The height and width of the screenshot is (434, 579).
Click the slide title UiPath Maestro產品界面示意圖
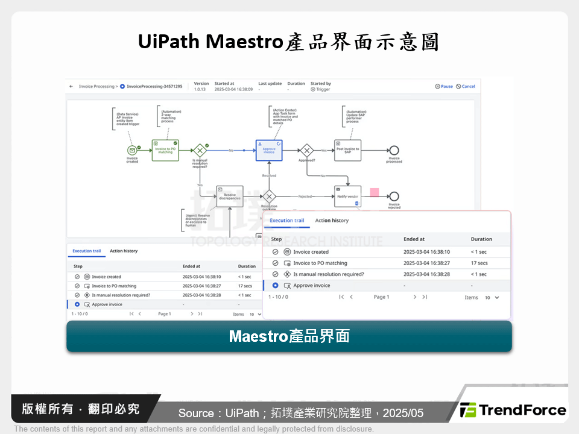coord(289,42)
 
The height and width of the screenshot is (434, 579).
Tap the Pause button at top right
coord(444,86)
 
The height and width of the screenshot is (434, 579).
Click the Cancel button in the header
coord(466,86)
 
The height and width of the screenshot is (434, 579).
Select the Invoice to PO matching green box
coord(165,150)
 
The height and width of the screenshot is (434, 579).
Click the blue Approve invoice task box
coord(269,150)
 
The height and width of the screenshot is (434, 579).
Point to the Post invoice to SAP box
coord(348,150)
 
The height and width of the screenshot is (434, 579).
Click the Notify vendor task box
coord(347,196)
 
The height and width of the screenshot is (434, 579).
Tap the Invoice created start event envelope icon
coord(132,150)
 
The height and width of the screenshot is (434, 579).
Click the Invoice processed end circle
coord(394,150)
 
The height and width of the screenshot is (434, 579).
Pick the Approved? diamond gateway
coord(307,150)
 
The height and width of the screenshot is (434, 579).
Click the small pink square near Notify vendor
coord(375,192)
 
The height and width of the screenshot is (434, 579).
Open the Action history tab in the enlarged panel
coord(332,221)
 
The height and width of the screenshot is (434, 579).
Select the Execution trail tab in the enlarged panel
coord(286,221)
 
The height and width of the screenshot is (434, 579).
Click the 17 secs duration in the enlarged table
coord(479,263)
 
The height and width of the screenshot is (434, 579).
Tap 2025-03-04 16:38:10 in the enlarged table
coord(426,252)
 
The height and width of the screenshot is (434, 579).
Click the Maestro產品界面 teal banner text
coord(289,336)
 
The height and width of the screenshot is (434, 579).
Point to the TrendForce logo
coord(513,410)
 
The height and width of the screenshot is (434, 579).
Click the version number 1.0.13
coord(200,89)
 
